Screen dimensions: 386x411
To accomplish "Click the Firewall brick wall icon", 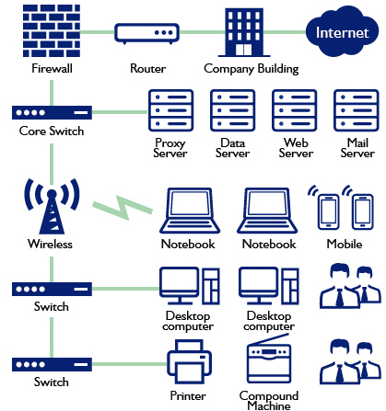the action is [x=52, y=30].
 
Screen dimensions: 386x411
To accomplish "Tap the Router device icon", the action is [x=146, y=34].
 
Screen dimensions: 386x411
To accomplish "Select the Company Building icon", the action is [x=244, y=32].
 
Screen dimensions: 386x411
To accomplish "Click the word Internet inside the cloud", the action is [x=342, y=33].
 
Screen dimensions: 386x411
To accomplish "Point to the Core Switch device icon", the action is [x=52, y=112].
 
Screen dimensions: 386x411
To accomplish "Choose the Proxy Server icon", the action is [x=170, y=110].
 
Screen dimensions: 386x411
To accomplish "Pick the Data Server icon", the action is [x=232, y=110].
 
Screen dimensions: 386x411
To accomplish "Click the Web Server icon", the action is [x=294, y=110].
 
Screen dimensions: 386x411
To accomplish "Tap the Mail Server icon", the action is [x=357, y=110].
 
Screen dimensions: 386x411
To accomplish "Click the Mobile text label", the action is [x=345, y=244].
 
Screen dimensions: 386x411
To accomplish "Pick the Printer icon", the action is [x=189, y=361].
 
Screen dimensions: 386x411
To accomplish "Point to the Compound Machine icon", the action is [x=269, y=359].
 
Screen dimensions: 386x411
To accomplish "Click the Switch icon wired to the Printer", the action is [x=52, y=364].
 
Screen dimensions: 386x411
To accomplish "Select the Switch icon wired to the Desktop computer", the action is [x=52, y=289].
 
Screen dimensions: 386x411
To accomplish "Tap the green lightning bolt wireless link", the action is [x=123, y=208].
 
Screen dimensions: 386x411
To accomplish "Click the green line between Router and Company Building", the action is [x=203, y=32].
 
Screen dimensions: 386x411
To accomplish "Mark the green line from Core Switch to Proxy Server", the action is [x=120, y=112].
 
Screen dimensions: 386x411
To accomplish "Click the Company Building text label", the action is [x=251, y=69].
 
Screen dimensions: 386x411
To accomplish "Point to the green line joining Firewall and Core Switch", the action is [x=52, y=93].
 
